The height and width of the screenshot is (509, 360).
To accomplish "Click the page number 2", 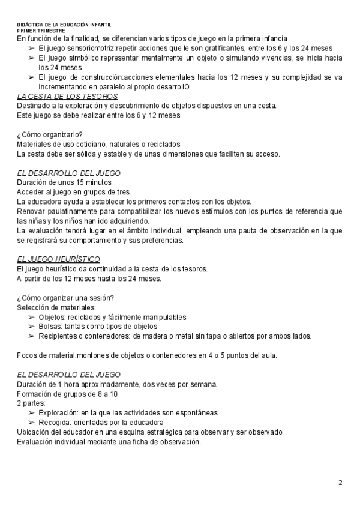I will click(340, 483).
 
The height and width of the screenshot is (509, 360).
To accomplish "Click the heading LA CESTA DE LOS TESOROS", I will click(67, 96).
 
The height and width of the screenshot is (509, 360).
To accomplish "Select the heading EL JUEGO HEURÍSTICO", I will click(58, 259).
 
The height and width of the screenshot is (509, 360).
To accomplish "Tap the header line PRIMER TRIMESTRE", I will click(41, 30).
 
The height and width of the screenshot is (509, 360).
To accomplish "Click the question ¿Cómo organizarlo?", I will click(49, 134).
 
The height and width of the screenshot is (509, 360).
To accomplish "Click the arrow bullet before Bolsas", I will click(32, 327).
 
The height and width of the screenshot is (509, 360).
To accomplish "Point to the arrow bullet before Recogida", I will click(32, 423).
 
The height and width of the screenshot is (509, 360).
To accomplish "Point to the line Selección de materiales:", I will click(56, 307).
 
